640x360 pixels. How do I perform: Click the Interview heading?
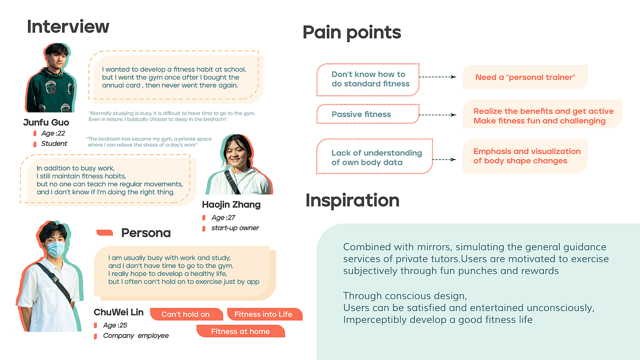point(68,27)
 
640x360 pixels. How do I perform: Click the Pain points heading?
point(352,32)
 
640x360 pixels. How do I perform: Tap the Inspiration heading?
point(352,200)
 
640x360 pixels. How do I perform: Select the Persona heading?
point(146,233)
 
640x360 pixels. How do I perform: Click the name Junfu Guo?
point(46,123)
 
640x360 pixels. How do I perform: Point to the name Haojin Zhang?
point(231,205)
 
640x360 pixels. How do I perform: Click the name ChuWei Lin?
point(118,312)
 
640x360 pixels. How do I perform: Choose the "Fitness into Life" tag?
point(265,314)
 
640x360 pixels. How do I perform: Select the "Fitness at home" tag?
point(240,331)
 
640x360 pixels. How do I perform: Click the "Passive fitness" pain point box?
point(368,114)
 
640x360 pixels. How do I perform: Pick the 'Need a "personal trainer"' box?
point(525,77)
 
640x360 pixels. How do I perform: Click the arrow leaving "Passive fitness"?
point(437,115)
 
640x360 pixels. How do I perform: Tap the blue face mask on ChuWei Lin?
point(55,249)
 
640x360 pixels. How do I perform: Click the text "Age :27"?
point(224,218)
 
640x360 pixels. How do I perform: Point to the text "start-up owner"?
point(235,228)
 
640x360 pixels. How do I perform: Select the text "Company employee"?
point(136,336)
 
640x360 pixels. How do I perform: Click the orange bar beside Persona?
point(105,233)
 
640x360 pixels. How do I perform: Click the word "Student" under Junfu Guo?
point(54,144)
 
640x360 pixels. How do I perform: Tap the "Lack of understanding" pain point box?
point(374,156)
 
